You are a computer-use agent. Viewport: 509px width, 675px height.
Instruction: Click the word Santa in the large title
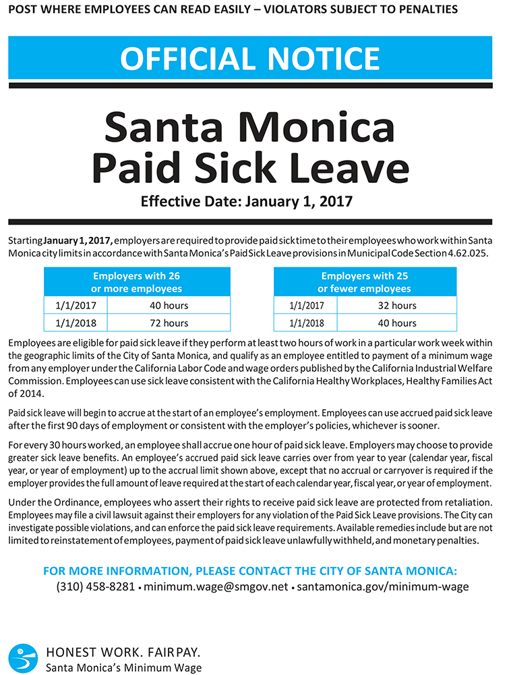(x=176, y=126)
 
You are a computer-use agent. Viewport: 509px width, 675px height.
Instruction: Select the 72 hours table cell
(x=169, y=323)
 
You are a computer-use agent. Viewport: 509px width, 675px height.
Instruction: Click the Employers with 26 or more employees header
(x=137, y=282)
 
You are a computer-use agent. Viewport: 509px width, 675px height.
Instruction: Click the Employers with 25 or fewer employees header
(x=365, y=282)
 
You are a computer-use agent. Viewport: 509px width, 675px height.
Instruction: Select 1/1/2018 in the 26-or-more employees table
(x=76, y=323)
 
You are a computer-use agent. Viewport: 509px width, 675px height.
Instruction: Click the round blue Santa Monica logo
(x=23, y=657)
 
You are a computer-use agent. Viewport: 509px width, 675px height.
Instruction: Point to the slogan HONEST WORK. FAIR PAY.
(x=123, y=653)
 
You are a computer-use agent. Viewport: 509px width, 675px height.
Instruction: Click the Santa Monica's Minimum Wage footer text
(x=123, y=667)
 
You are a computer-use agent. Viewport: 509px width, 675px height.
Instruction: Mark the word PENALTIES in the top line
(x=427, y=9)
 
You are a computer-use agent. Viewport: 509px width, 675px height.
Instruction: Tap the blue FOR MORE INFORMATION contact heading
(x=249, y=570)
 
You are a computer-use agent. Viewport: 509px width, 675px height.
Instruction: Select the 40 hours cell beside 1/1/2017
(x=169, y=306)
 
